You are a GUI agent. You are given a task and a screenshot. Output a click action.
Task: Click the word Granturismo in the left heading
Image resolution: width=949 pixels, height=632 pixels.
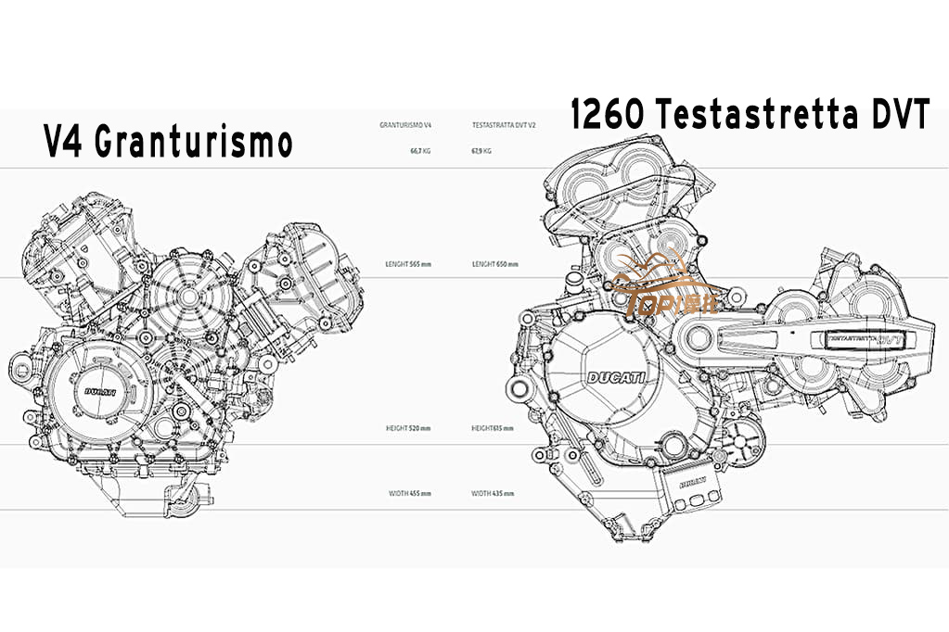click(194, 143)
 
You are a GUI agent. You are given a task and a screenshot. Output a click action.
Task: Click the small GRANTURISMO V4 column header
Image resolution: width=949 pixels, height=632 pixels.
click(405, 124)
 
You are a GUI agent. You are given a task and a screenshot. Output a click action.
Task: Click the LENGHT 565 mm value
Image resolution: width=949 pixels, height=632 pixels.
click(408, 264)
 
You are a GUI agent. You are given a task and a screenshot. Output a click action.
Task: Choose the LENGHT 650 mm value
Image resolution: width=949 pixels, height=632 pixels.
click(494, 264)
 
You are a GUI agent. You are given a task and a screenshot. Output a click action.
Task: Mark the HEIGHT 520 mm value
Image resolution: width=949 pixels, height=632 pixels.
click(409, 428)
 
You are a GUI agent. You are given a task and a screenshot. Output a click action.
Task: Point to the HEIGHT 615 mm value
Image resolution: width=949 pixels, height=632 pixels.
click(493, 428)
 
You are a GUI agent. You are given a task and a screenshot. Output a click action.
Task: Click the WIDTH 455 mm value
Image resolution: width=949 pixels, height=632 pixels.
click(409, 493)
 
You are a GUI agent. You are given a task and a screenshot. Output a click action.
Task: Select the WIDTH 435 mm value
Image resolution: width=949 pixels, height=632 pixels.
click(494, 493)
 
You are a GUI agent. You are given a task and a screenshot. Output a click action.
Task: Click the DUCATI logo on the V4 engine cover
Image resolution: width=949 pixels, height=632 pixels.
click(100, 391)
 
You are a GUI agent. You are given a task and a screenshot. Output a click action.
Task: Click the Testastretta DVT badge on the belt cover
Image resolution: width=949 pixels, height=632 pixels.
click(863, 339)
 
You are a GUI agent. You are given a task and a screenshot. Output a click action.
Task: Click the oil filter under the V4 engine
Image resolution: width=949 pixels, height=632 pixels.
click(185, 500)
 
